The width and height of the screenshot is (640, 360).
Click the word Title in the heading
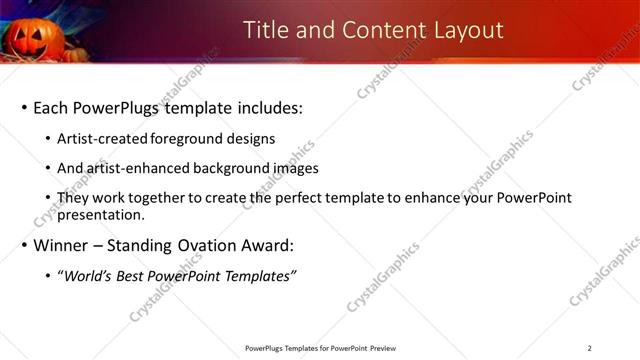268,30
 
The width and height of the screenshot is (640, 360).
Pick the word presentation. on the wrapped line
108,214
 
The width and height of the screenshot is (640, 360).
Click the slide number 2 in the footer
590,348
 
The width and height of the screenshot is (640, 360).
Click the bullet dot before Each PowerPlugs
23,108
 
